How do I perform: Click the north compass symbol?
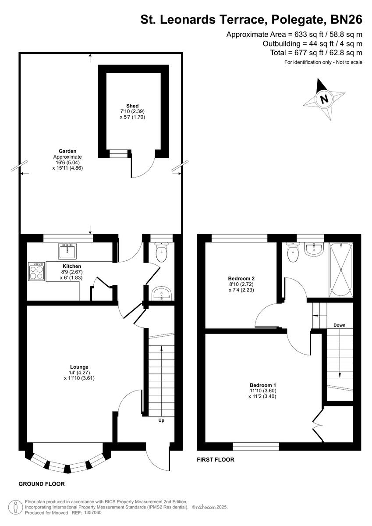(324, 99)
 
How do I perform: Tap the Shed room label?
(132, 106)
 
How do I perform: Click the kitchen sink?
(67, 252)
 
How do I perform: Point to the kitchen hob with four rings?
(37, 271)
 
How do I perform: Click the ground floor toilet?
(162, 252)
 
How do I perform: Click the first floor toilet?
(292, 252)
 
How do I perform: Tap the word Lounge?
(79, 367)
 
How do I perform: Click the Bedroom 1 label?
(263, 385)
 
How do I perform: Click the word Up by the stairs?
(161, 420)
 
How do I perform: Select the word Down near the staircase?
(339, 325)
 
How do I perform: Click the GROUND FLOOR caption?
(42, 484)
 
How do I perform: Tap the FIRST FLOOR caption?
(216, 460)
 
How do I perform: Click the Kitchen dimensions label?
(72, 275)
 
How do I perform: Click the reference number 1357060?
(92, 512)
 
